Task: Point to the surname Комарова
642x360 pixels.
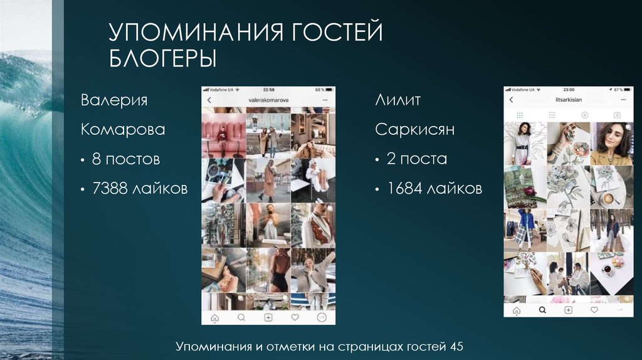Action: pos(123,130)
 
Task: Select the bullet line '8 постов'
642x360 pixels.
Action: pos(125,159)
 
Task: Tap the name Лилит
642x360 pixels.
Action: pos(397,100)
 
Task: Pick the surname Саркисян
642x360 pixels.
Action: pos(415,130)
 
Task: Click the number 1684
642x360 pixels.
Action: pos(404,188)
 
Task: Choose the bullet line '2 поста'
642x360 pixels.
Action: pos(416,159)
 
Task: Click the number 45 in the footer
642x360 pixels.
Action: pos(457,346)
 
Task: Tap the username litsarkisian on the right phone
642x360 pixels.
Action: pos(569,100)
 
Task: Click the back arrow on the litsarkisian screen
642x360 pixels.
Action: pos(511,100)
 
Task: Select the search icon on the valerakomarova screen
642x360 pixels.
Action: pos(241,317)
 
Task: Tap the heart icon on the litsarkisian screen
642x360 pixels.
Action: pos(594,310)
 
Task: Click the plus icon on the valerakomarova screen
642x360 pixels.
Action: pos(268,317)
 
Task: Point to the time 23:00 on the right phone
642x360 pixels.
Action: pos(569,90)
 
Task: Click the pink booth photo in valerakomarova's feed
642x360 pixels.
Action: pos(223,135)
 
